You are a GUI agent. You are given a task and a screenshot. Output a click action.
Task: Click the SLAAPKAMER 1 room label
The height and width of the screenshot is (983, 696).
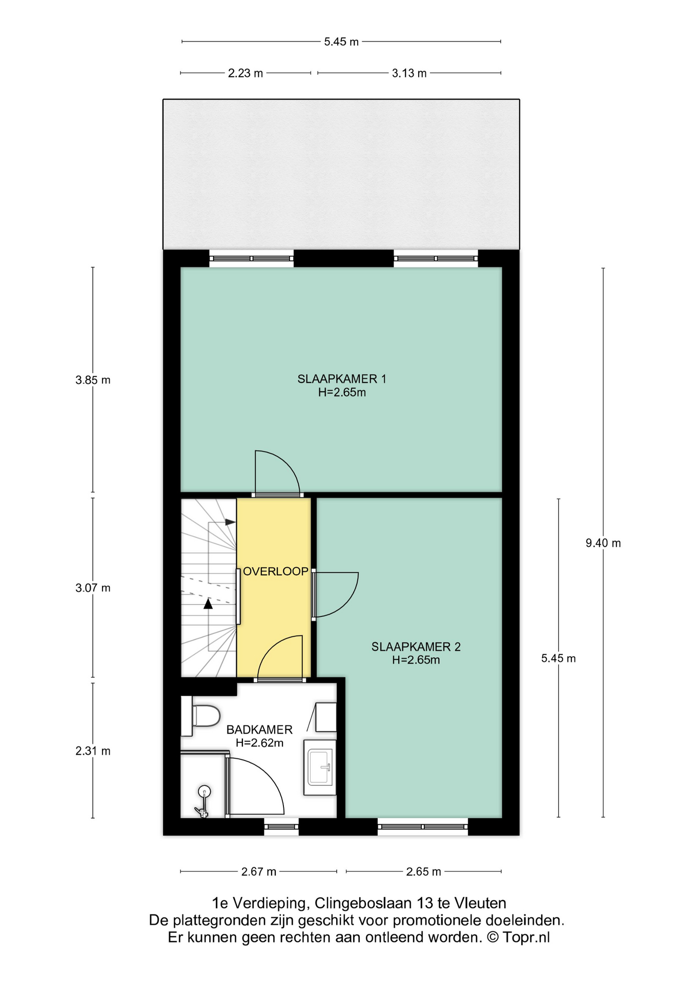click(341, 379)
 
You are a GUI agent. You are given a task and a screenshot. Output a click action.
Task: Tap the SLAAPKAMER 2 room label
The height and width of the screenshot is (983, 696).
click(416, 647)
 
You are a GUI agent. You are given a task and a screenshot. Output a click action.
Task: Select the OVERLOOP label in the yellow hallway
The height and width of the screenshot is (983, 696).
click(275, 572)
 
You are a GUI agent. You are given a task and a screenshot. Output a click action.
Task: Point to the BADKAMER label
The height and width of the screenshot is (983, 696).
click(259, 730)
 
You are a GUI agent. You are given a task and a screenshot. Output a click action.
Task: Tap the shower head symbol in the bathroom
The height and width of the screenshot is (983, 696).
click(204, 792)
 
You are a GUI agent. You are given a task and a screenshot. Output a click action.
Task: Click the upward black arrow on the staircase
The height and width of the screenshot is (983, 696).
click(208, 604)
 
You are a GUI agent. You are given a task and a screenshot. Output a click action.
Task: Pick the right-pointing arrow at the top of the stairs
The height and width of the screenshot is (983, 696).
click(230, 522)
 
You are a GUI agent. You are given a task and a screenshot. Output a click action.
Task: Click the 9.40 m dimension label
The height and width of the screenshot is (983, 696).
click(603, 543)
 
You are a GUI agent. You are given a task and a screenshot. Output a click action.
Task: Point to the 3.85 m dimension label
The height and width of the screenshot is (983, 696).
click(93, 380)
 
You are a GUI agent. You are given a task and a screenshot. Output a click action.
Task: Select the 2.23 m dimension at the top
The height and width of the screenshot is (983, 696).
click(245, 73)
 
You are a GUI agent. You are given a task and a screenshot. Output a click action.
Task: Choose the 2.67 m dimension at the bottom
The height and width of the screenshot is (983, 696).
click(259, 872)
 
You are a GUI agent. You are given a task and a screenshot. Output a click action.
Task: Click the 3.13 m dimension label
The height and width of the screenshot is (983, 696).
click(409, 73)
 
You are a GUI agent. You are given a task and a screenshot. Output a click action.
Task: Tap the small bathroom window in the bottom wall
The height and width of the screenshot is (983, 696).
click(281, 827)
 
